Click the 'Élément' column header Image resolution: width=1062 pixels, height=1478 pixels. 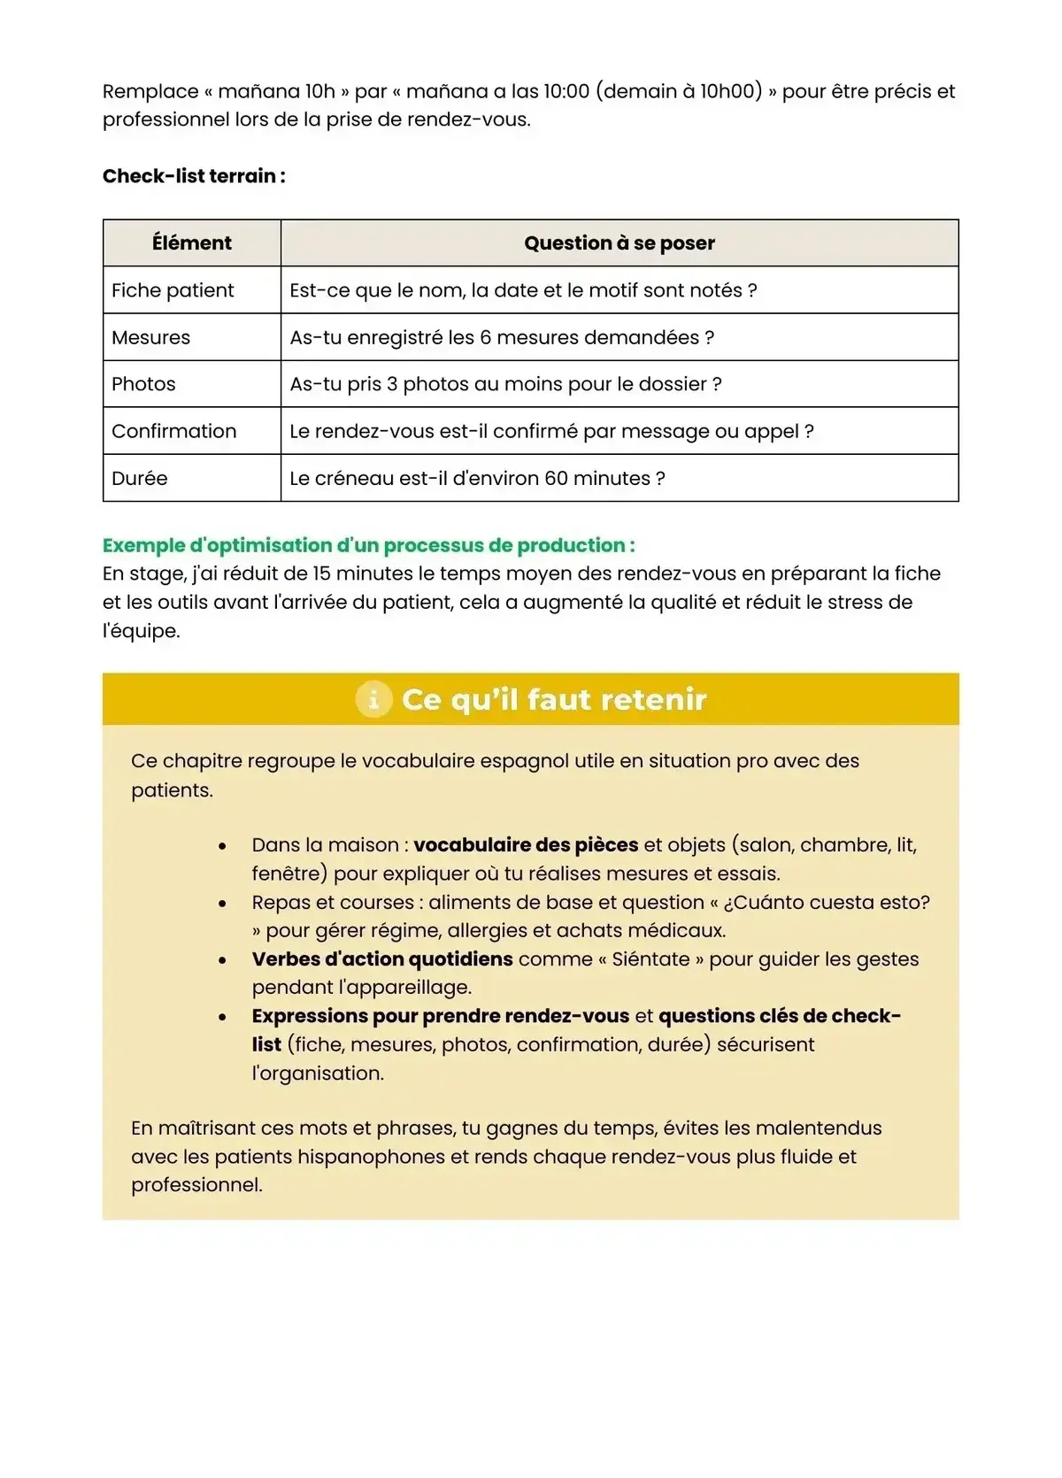(191, 243)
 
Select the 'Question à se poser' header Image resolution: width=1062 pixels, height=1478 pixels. (619, 243)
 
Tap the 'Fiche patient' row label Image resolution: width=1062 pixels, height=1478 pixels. (173, 290)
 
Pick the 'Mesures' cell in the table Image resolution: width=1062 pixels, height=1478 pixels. (150, 337)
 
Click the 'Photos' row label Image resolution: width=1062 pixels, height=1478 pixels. (143, 384)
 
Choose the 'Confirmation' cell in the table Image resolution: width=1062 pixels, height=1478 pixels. (173, 431)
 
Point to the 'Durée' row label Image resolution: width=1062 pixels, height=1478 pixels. (139, 478)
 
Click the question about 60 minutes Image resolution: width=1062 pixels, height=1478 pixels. (477, 478)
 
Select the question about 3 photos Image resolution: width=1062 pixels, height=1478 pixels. (505, 384)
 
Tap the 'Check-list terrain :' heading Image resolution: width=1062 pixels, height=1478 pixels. (194, 176)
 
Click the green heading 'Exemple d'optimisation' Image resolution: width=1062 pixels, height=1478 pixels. (368, 545)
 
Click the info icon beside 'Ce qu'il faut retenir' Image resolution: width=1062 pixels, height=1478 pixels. (373, 699)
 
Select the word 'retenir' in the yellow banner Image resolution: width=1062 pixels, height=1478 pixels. (654, 699)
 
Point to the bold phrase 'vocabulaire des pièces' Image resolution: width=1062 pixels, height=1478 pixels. (526, 845)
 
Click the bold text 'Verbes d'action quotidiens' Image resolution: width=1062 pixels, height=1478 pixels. (382, 959)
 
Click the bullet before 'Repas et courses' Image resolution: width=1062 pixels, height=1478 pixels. (222, 904)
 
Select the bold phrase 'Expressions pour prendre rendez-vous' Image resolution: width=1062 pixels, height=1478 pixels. (440, 1016)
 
